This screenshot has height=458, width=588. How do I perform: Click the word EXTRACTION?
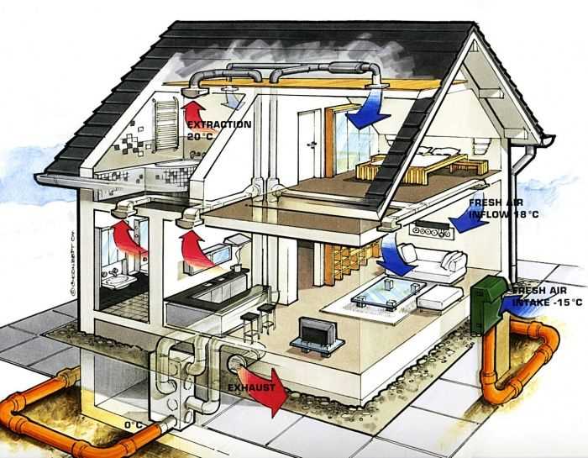click(x=219, y=124)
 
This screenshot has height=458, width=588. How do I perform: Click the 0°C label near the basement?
click(x=134, y=424)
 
